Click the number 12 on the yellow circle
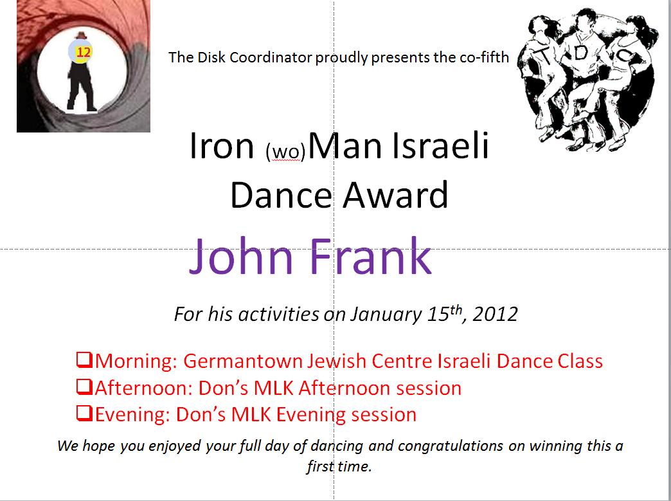tap(84, 52)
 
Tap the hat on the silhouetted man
tap(80, 35)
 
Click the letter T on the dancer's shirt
tap(544, 55)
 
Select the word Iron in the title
tap(222, 146)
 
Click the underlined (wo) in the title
tap(285, 152)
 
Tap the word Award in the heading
tap(395, 196)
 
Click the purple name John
tap(241, 256)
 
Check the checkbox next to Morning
tap(84, 360)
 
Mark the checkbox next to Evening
tap(84, 414)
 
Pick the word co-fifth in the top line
tap(485, 57)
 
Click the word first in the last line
tap(319, 466)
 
